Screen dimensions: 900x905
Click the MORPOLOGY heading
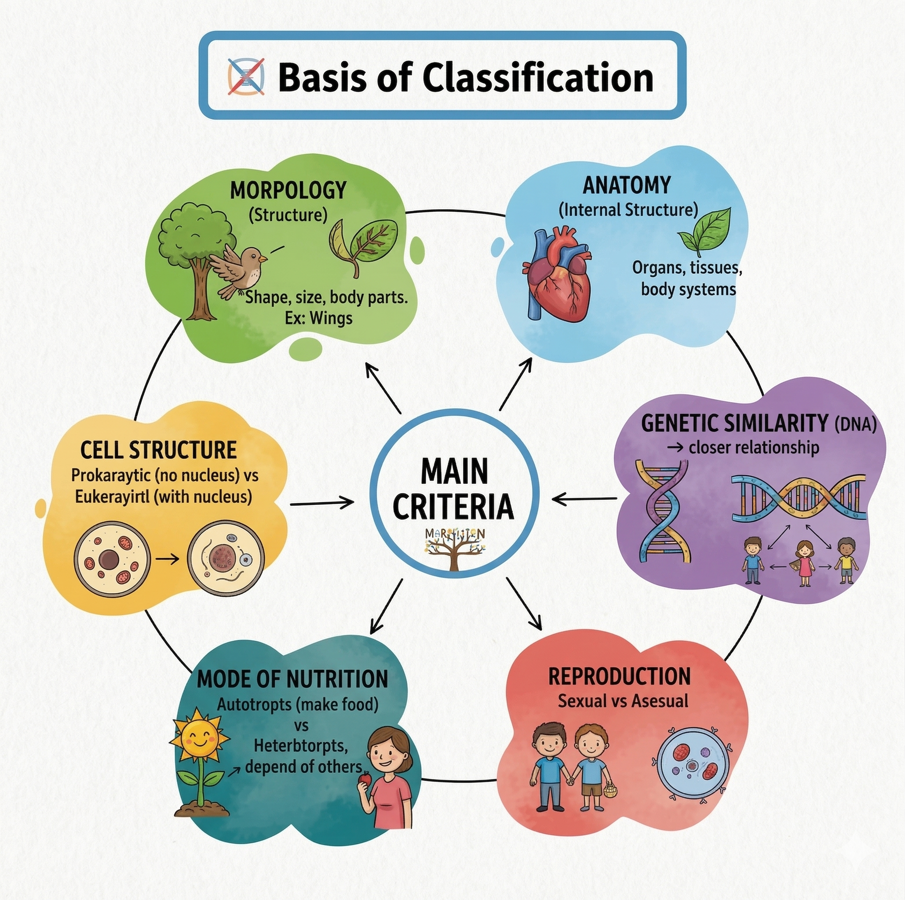pyautogui.click(x=288, y=190)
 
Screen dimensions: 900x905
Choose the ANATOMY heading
pyautogui.click(x=627, y=185)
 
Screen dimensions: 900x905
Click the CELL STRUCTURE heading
pyautogui.click(x=158, y=450)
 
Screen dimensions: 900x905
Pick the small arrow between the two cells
pyautogui.click(x=168, y=559)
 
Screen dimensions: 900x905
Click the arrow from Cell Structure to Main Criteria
pyautogui.click(x=322, y=504)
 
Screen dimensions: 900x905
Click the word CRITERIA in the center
pyautogui.click(x=453, y=507)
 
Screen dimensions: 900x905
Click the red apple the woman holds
pyautogui.click(x=365, y=778)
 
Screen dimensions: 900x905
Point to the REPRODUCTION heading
pyautogui.click(x=619, y=676)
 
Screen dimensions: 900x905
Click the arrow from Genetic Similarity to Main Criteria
pyautogui.click(x=584, y=499)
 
